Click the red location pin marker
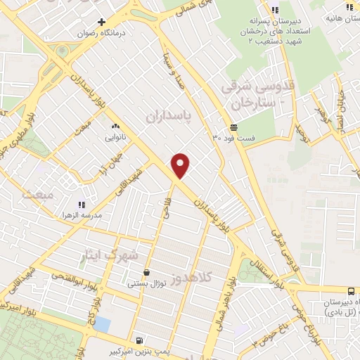click(x=181, y=165)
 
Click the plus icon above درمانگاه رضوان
click(x=102, y=22)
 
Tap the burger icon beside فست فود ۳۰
click(x=233, y=127)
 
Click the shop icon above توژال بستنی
click(x=146, y=273)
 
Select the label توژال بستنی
click(x=146, y=284)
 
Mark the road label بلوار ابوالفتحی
click(x=74, y=278)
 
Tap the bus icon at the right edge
click(x=357, y=290)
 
